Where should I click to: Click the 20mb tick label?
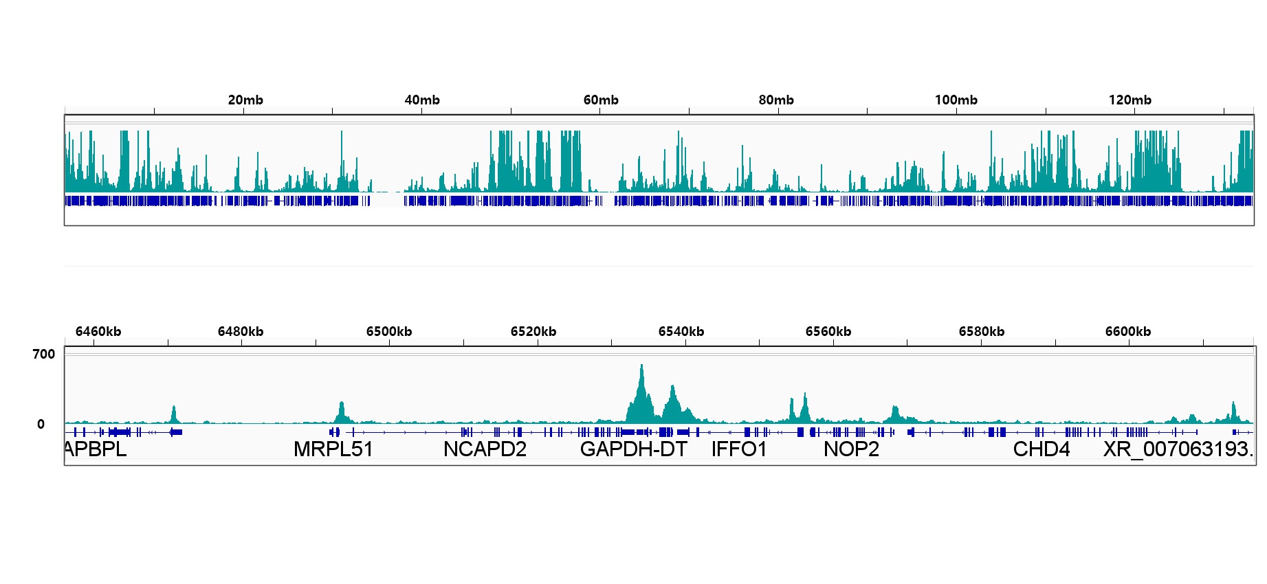(245, 100)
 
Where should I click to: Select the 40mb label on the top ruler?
(422, 100)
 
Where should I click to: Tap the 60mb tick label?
(601, 100)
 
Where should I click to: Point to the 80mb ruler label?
(776, 100)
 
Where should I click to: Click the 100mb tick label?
(956, 100)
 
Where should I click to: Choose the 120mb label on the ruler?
(1130, 100)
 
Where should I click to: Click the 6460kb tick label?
(98, 332)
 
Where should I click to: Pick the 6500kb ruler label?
(389, 332)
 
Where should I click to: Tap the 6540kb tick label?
(681, 332)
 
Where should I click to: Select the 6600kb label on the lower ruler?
(1128, 332)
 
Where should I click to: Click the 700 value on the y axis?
(44, 355)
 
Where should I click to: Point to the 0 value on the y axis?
(41, 425)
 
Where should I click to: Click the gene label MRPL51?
(333, 449)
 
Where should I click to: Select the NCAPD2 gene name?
(485, 449)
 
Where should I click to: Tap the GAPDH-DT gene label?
(634, 449)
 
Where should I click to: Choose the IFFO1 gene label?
(739, 449)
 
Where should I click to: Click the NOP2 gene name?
(851, 449)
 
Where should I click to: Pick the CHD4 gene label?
(1042, 449)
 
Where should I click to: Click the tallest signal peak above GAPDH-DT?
(642, 368)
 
